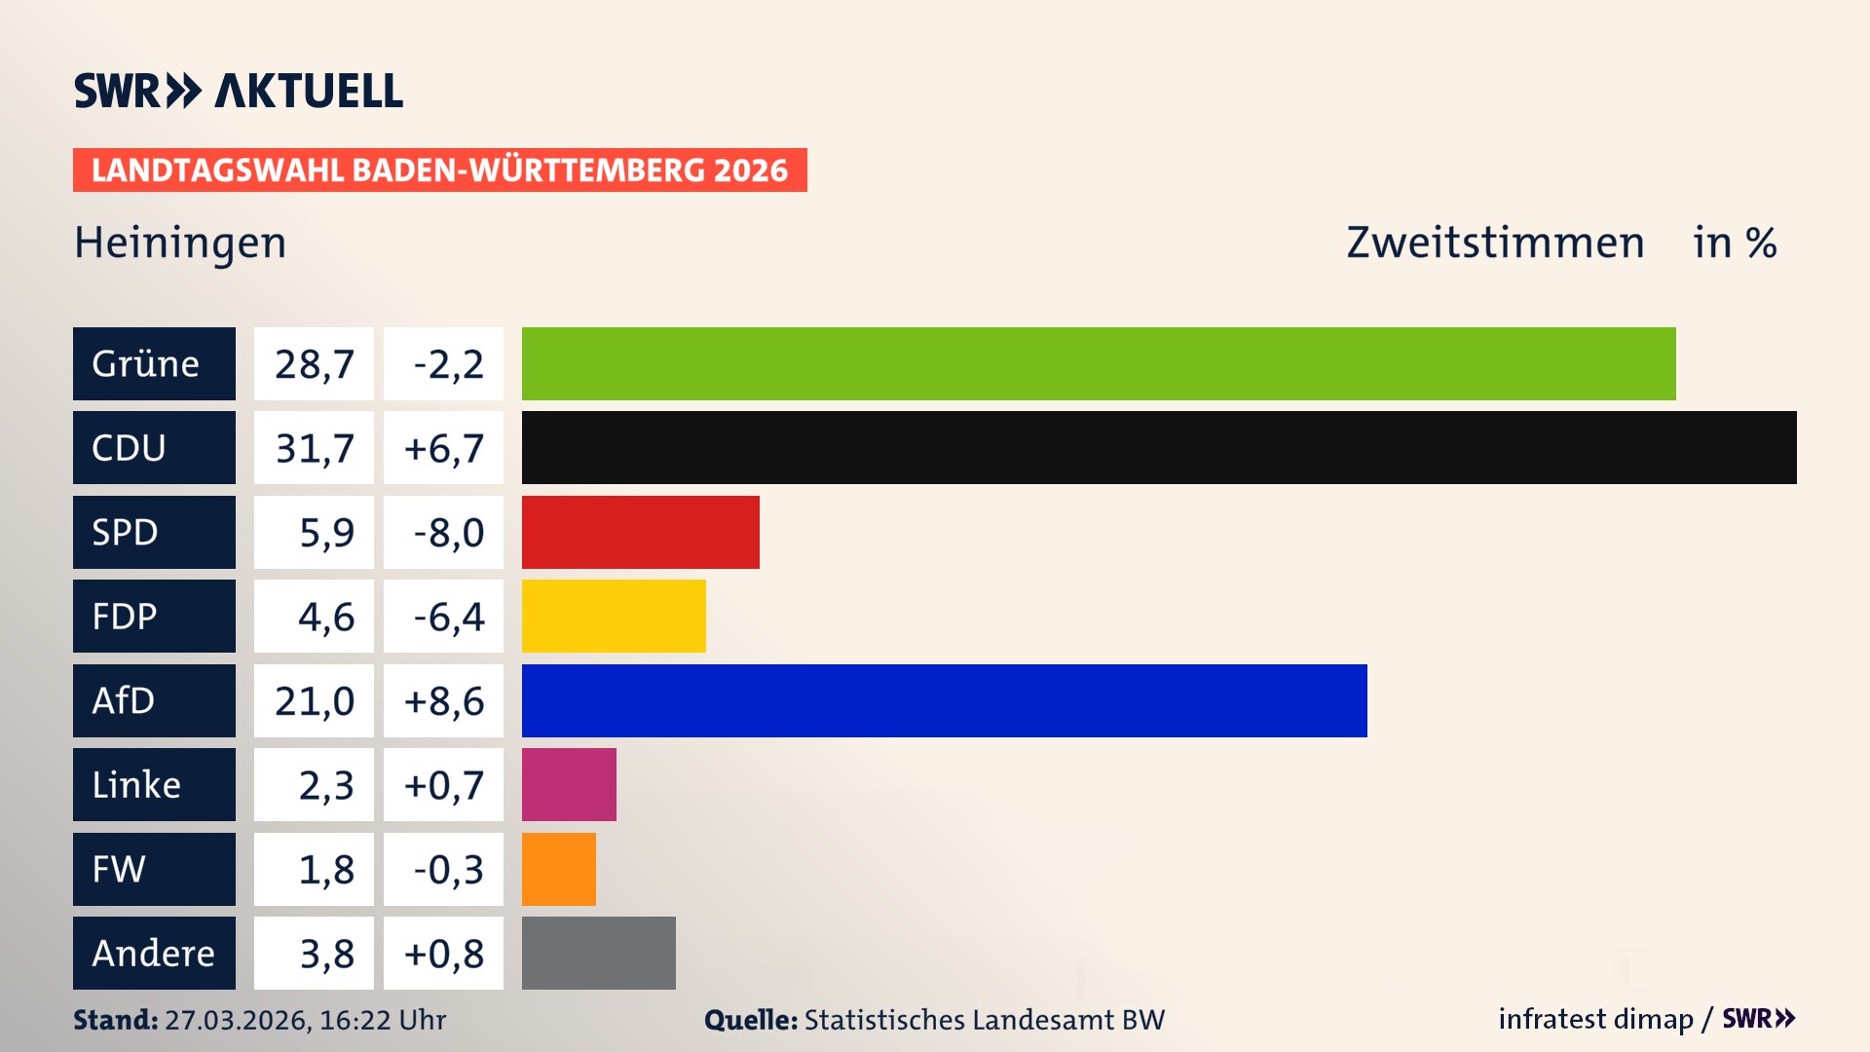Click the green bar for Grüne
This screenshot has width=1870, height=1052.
1099,363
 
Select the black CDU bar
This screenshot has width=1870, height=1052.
1159,448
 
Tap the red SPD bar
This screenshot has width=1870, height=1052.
640,532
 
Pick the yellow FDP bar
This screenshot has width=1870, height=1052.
614,617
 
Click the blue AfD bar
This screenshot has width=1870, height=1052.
944,700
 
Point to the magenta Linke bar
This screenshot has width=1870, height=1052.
569,785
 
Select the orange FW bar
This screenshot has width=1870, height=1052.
558,869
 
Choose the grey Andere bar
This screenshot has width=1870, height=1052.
598,953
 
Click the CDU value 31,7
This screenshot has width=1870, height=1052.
314,448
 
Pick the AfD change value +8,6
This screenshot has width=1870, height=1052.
444,700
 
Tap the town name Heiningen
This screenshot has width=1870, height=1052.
180,243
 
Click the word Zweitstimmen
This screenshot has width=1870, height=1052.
1495,243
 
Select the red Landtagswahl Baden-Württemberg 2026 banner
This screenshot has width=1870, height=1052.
439,170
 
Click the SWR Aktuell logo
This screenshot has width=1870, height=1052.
238,91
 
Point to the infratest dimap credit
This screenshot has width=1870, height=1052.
1595,1019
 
